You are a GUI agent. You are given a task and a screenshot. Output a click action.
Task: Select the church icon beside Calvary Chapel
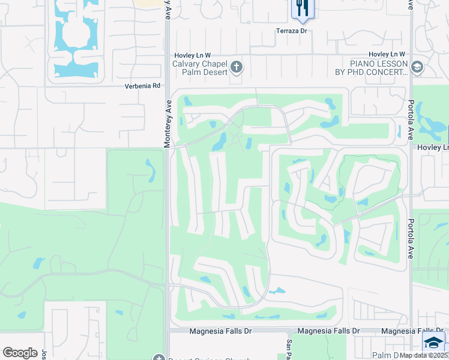pos(237,67)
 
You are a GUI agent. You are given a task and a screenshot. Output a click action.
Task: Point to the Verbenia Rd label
pos(142,86)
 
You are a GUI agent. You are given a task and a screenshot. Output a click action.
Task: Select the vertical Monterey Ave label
pos(169,122)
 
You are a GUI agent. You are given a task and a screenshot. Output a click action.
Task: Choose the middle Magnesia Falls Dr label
pos(328,331)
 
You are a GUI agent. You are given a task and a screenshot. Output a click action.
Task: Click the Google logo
pos(20,353)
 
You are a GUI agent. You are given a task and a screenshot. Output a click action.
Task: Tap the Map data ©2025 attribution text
pos(423,355)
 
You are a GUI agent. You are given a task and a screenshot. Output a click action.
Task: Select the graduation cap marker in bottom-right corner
pos(433,343)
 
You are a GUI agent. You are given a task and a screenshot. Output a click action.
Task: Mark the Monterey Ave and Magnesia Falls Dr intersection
pos(167,331)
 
